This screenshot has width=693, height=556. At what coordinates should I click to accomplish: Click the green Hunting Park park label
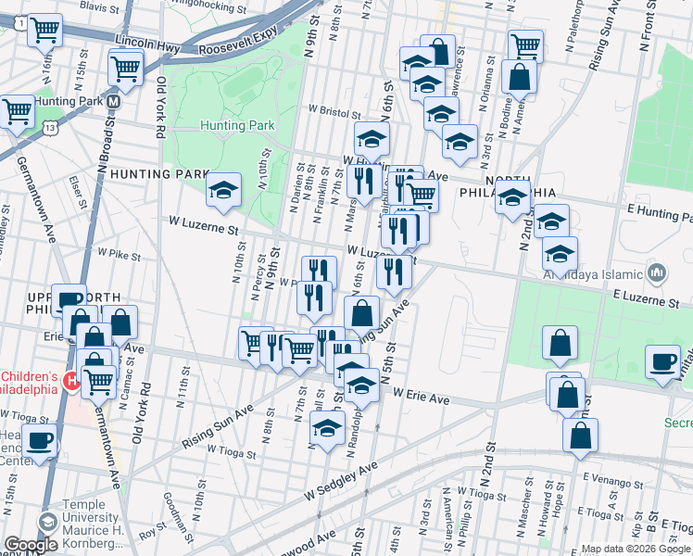click(238, 125)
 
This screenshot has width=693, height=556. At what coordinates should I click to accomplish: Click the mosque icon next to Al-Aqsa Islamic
click(657, 272)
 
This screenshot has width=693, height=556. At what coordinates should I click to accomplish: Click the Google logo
click(30, 546)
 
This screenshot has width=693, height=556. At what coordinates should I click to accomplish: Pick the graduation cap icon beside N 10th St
click(222, 190)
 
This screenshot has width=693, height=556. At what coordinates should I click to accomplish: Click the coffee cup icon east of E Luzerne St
click(662, 361)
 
